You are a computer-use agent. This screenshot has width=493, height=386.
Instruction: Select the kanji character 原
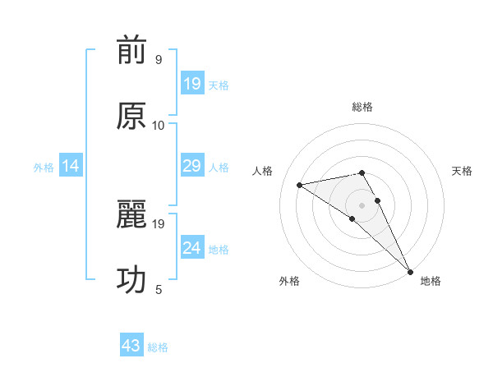coord(131,117)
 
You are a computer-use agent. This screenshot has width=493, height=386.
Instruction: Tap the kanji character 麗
coord(131,216)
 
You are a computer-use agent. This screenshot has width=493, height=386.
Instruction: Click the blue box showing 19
coord(192,84)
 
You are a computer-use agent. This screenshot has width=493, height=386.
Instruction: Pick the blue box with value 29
coord(192,167)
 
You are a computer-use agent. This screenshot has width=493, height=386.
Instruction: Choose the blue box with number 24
coord(192,248)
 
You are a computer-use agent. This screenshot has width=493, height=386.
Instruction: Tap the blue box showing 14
coord(71,167)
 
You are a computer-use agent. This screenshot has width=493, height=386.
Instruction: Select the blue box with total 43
coord(131,346)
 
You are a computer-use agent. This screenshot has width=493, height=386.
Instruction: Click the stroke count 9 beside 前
coord(159,60)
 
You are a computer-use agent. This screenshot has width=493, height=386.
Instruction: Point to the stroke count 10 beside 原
coord(159,125)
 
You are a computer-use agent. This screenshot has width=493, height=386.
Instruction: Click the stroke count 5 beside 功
coord(159,289)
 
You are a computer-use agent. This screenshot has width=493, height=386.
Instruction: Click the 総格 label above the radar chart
coord(362,107)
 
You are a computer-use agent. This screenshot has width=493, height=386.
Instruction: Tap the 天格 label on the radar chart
coord(462,171)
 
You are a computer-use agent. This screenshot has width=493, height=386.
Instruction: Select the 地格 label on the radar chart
coord(431,281)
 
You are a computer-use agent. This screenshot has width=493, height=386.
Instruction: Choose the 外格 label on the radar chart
coord(289,281)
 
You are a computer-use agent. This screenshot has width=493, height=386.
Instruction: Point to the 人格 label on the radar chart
coord(263,171)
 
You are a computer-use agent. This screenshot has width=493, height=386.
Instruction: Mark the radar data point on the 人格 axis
coord(300,185)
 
